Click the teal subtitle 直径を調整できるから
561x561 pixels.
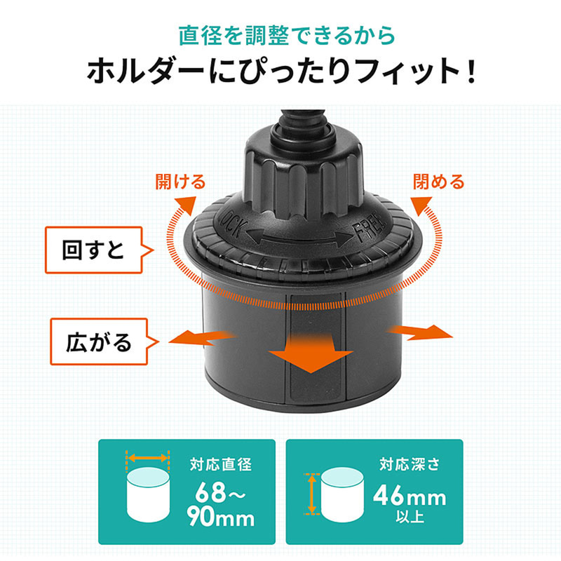tap(280, 34)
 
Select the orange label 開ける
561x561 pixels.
tap(180, 183)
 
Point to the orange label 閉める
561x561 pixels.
tap(438, 183)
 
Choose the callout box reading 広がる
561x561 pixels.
tap(99, 342)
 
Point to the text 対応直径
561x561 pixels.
tap(219, 464)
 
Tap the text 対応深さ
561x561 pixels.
tap(409, 464)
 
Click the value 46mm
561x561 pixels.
tap(409, 498)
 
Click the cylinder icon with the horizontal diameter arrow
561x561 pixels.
tap(148, 493)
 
